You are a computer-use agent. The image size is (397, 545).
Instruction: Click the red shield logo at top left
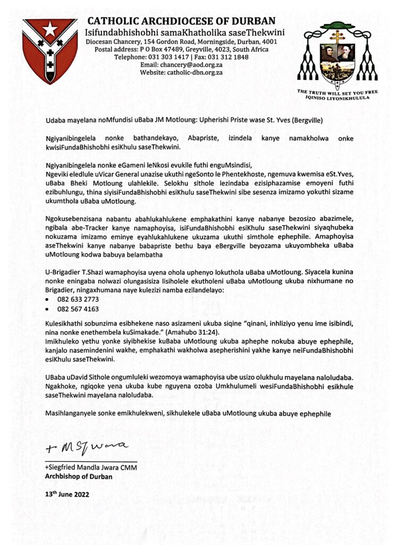(49, 49)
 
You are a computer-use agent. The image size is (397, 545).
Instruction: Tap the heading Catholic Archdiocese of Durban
(181, 21)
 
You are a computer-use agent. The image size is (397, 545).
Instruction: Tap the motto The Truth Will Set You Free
(337, 92)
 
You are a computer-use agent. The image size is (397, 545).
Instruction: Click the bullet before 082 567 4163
(49, 309)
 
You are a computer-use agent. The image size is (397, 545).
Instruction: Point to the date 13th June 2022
(66, 494)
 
